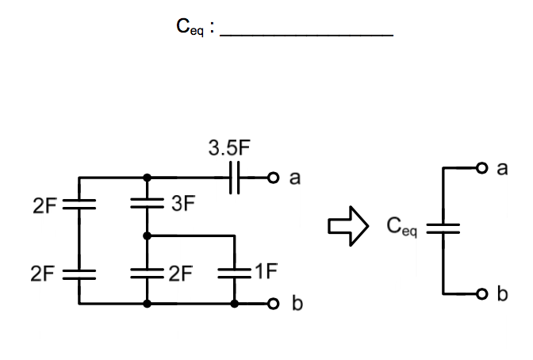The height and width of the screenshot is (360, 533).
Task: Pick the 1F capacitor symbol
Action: (235, 272)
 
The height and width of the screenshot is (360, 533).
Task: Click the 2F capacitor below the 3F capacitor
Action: (147, 273)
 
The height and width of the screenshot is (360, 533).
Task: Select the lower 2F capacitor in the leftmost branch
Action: (79, 273)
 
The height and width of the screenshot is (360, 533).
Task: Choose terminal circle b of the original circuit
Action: (273, 304)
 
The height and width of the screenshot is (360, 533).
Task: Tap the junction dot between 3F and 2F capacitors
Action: (147, 236)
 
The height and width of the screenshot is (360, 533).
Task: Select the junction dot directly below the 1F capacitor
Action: (235, 304)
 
